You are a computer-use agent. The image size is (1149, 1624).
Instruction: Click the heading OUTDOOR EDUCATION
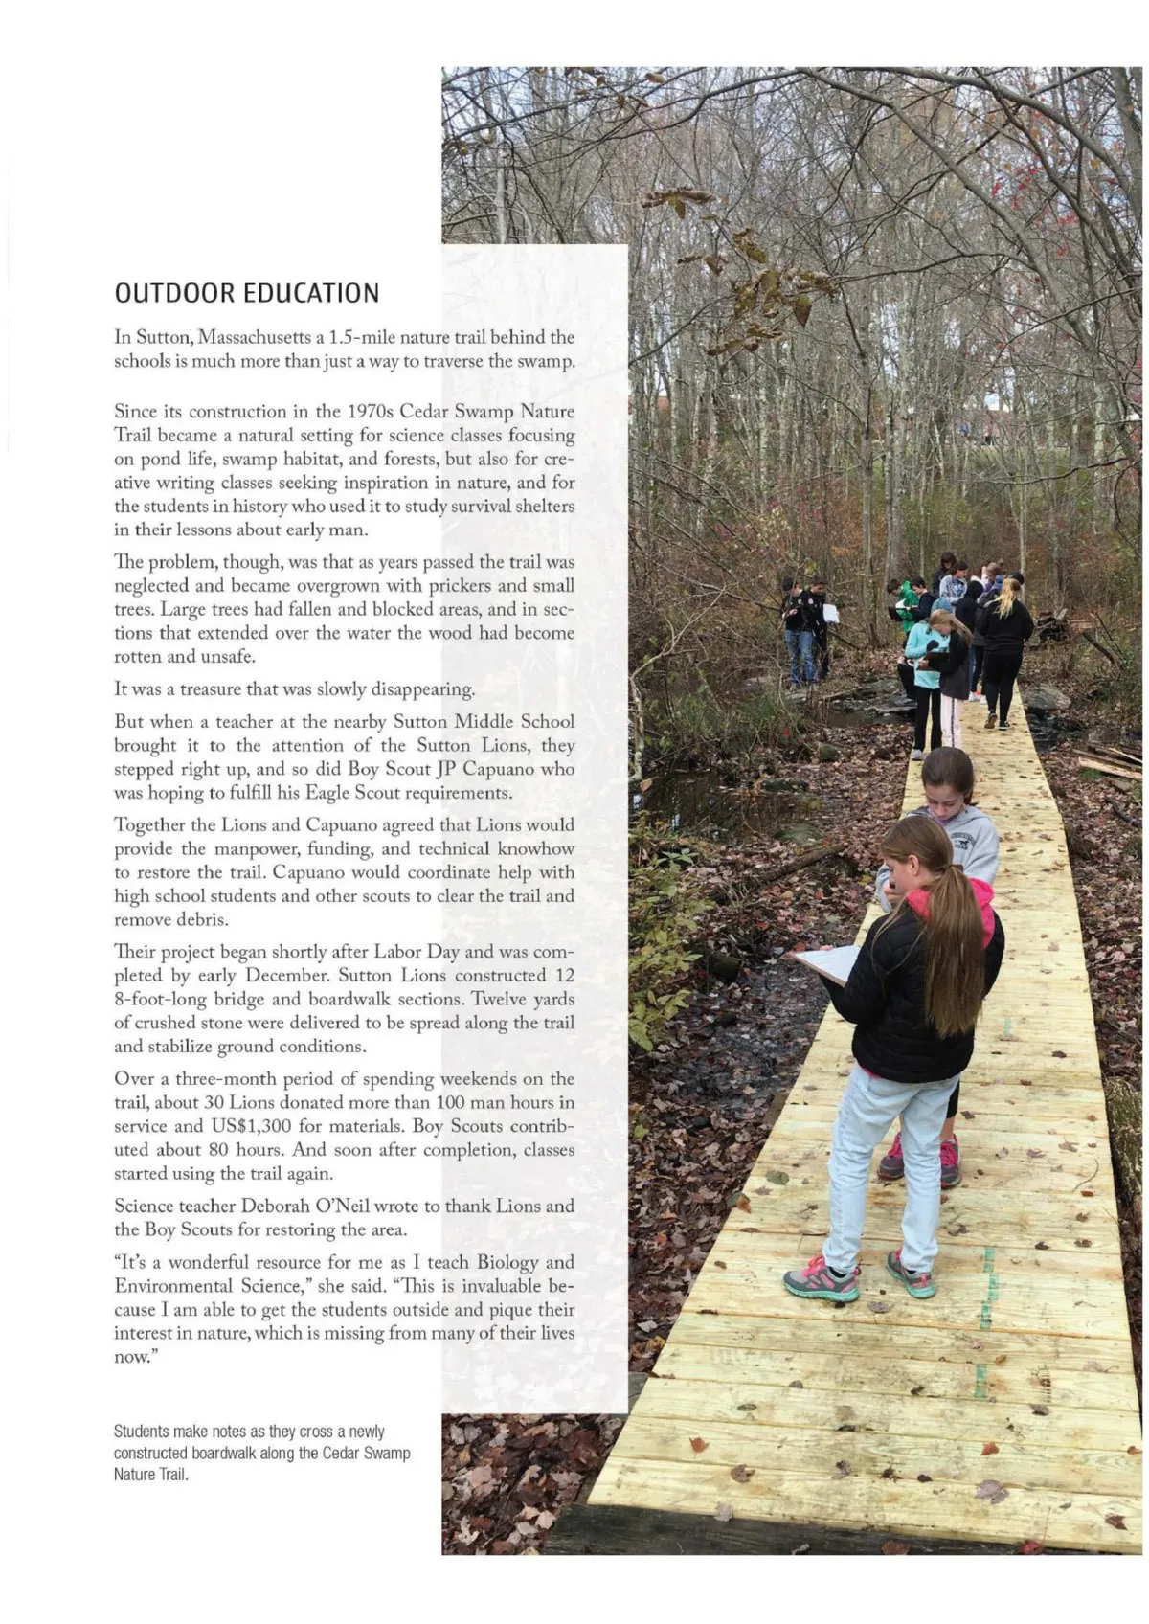(247, 293)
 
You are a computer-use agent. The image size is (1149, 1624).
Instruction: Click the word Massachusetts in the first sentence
(254, 337)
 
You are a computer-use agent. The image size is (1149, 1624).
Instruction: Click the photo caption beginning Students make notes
(261, 1453)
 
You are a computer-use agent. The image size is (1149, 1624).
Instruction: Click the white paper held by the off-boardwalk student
(831, 613)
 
